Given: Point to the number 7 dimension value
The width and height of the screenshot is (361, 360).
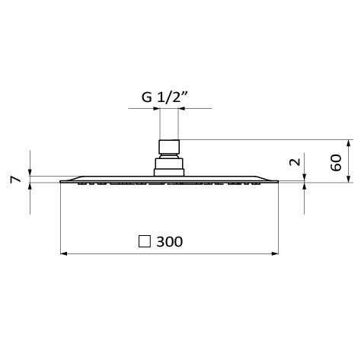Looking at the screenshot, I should point(14,180).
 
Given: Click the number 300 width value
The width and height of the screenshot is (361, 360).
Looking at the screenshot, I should point(169,242).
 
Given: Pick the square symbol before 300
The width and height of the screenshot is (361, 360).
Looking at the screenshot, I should point(143,242).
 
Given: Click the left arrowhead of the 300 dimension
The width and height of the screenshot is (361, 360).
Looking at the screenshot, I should point(64,254).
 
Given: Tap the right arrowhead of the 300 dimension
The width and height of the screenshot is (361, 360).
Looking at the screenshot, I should point(275,254).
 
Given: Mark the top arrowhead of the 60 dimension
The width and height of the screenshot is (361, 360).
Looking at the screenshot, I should point(348,142).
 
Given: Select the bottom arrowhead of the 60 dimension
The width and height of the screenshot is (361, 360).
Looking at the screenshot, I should point(348,178).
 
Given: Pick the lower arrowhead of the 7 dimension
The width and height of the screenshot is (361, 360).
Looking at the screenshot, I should point(30,187).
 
